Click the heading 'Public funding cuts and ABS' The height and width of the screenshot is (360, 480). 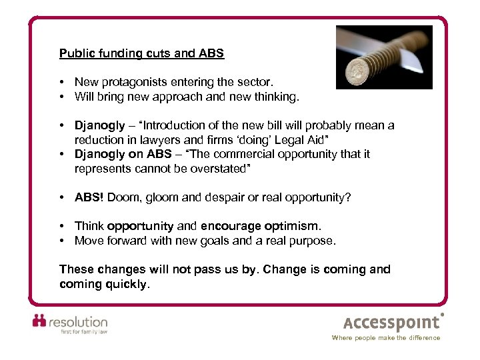pos(141,53)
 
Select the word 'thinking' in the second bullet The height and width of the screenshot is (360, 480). pos(277,96)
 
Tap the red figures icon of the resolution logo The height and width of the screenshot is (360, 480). pos(41,321)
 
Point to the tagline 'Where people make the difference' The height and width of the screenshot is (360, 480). pos(386,338)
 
